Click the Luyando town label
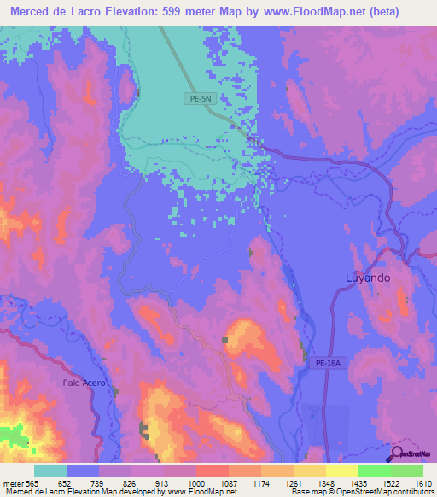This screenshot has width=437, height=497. click(x=368, y=278)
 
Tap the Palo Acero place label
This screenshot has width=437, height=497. click(x=84, y=383)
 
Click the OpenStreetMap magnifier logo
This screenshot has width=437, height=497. click(x=396, y=454)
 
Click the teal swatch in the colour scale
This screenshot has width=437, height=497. click(x=50, y=471)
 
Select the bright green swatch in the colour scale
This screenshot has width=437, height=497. click(x=374, y=471)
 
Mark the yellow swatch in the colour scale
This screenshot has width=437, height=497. click(x=341, y=471)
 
